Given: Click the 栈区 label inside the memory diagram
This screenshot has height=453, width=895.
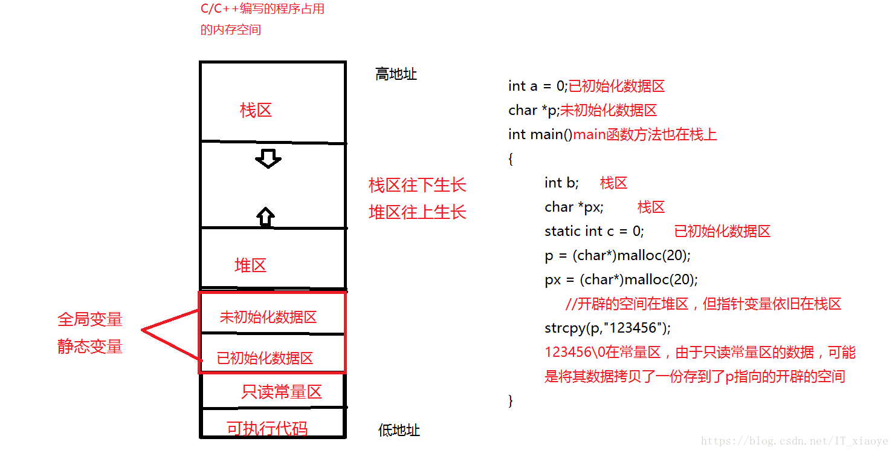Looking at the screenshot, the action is (256, 110).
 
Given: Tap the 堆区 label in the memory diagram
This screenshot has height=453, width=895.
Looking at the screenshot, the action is (250, 266).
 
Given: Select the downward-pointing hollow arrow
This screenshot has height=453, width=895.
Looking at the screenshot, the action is (268, 159).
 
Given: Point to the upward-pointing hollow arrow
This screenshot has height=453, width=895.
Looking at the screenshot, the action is (265, 216).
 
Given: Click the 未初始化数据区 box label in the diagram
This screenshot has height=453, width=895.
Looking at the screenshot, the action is (268, 317).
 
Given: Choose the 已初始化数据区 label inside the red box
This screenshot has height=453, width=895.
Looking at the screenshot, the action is (265, 358).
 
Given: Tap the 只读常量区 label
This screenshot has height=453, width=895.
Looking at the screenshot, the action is (281, 392).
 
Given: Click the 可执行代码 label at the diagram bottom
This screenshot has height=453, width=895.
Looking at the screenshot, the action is (267, 429).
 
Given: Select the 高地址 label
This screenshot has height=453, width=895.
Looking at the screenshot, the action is (396, 74).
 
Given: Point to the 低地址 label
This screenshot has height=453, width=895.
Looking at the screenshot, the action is (399, 431).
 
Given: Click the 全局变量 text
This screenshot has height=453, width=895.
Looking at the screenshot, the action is (90, 319).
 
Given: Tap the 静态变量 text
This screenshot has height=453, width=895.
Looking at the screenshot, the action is (90, 347).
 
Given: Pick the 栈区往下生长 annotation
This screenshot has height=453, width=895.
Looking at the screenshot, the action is (418, 185).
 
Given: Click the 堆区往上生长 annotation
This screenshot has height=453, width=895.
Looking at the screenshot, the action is (418, 212).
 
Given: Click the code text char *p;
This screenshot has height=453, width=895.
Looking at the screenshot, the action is (534, 111).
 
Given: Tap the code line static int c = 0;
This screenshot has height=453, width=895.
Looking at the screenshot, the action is (594, 231).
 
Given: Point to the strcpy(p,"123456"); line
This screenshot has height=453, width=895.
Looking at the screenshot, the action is (607, 328).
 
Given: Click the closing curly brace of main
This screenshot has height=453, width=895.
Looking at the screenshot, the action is (511, 401).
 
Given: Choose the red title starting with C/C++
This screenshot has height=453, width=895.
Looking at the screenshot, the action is (262, 10).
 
